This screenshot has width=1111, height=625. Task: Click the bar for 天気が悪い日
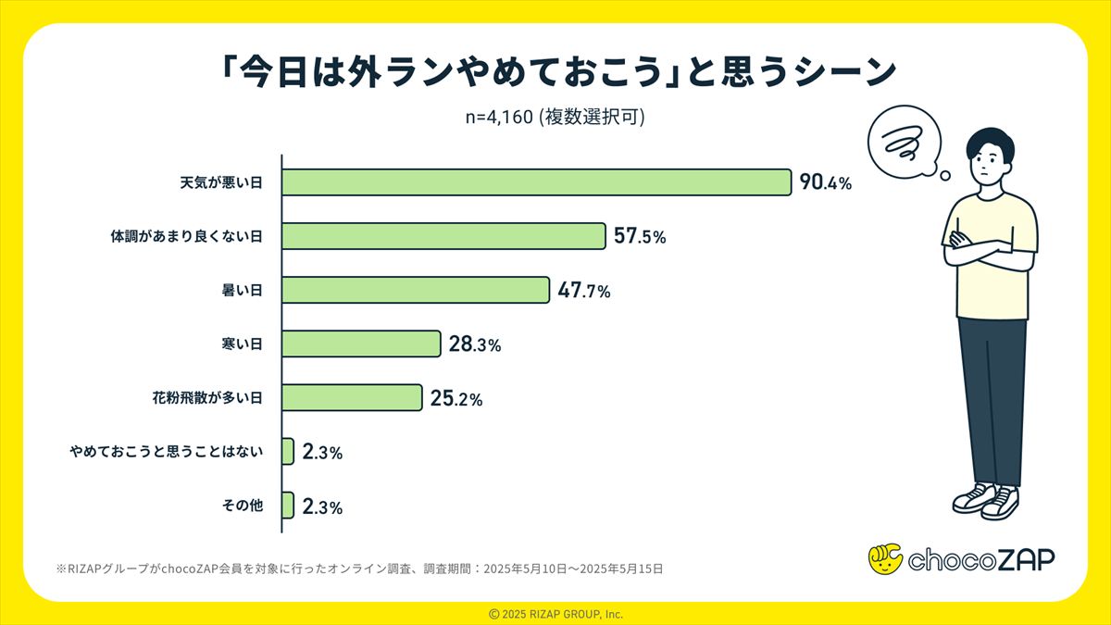click(536, 182)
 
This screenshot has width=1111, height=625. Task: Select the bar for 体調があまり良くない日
click(443, 237)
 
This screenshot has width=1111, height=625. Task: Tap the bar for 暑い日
click(416, 291)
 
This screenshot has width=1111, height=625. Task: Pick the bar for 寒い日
click(361, 344)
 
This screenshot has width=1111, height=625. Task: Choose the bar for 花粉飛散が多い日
click(352, 398)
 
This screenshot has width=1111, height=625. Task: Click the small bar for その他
click(288, 506)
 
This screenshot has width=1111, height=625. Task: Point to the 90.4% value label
click(825, 182)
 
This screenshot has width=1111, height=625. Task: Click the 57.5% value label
click(640, 237)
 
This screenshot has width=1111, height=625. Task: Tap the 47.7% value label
click(584, 291)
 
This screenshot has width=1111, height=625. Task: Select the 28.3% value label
click(475, 344)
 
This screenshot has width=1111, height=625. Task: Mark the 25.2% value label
click(456, 399)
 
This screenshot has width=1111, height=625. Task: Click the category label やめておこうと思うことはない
click(167, 452)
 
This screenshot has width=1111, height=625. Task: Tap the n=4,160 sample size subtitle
click(555, 119)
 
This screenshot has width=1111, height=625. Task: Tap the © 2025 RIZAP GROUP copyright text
click(555, 614)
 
